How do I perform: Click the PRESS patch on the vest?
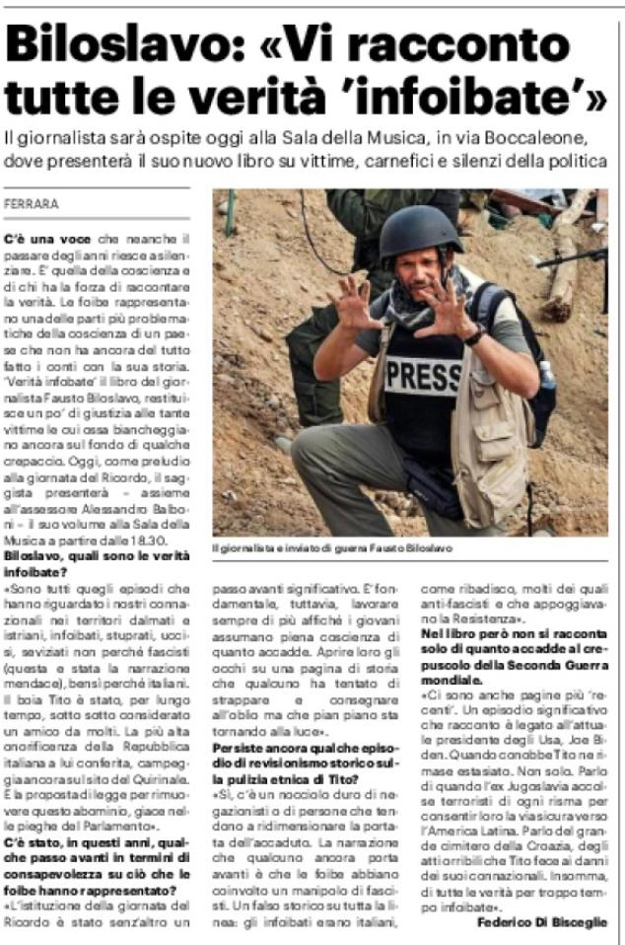pyautogui.click(x=423, y=375)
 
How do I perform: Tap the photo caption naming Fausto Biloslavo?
pyautogui.click(x=332, y=547)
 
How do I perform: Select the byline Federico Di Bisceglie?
pyautogui.click(x=542, y=922)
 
